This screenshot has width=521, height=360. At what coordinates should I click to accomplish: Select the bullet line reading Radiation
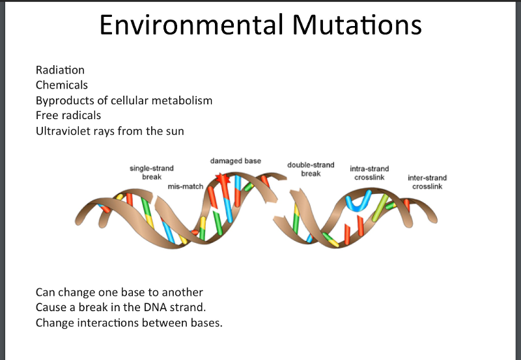pyautogui.click(x=60, y=70)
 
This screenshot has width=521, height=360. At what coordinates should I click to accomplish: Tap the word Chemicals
pyautogui.click(x=62, y=85)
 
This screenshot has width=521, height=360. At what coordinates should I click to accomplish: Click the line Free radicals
pyautogui.click(x=68, y=116)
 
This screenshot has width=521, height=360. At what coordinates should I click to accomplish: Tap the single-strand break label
pyautogui.click(x=152, y=173)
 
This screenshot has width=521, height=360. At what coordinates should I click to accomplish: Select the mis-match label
pyautogui.click(x=186, y=186)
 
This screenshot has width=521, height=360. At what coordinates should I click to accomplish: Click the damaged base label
pyautogui.click(x=235, y=161)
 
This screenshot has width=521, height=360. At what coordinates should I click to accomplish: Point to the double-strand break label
pyautogui.click(x=311, y=169)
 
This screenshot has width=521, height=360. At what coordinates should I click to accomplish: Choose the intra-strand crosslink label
pyautogui.click(x=369, y=173)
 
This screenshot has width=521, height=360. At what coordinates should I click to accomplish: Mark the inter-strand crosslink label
pyautogui.click(x=427, y=182)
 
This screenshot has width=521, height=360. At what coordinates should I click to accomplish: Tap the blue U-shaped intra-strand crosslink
pyautogui.click(x=358, y=202)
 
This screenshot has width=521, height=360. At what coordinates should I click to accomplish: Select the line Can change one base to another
pyautogui.click(x=119, y=292)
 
